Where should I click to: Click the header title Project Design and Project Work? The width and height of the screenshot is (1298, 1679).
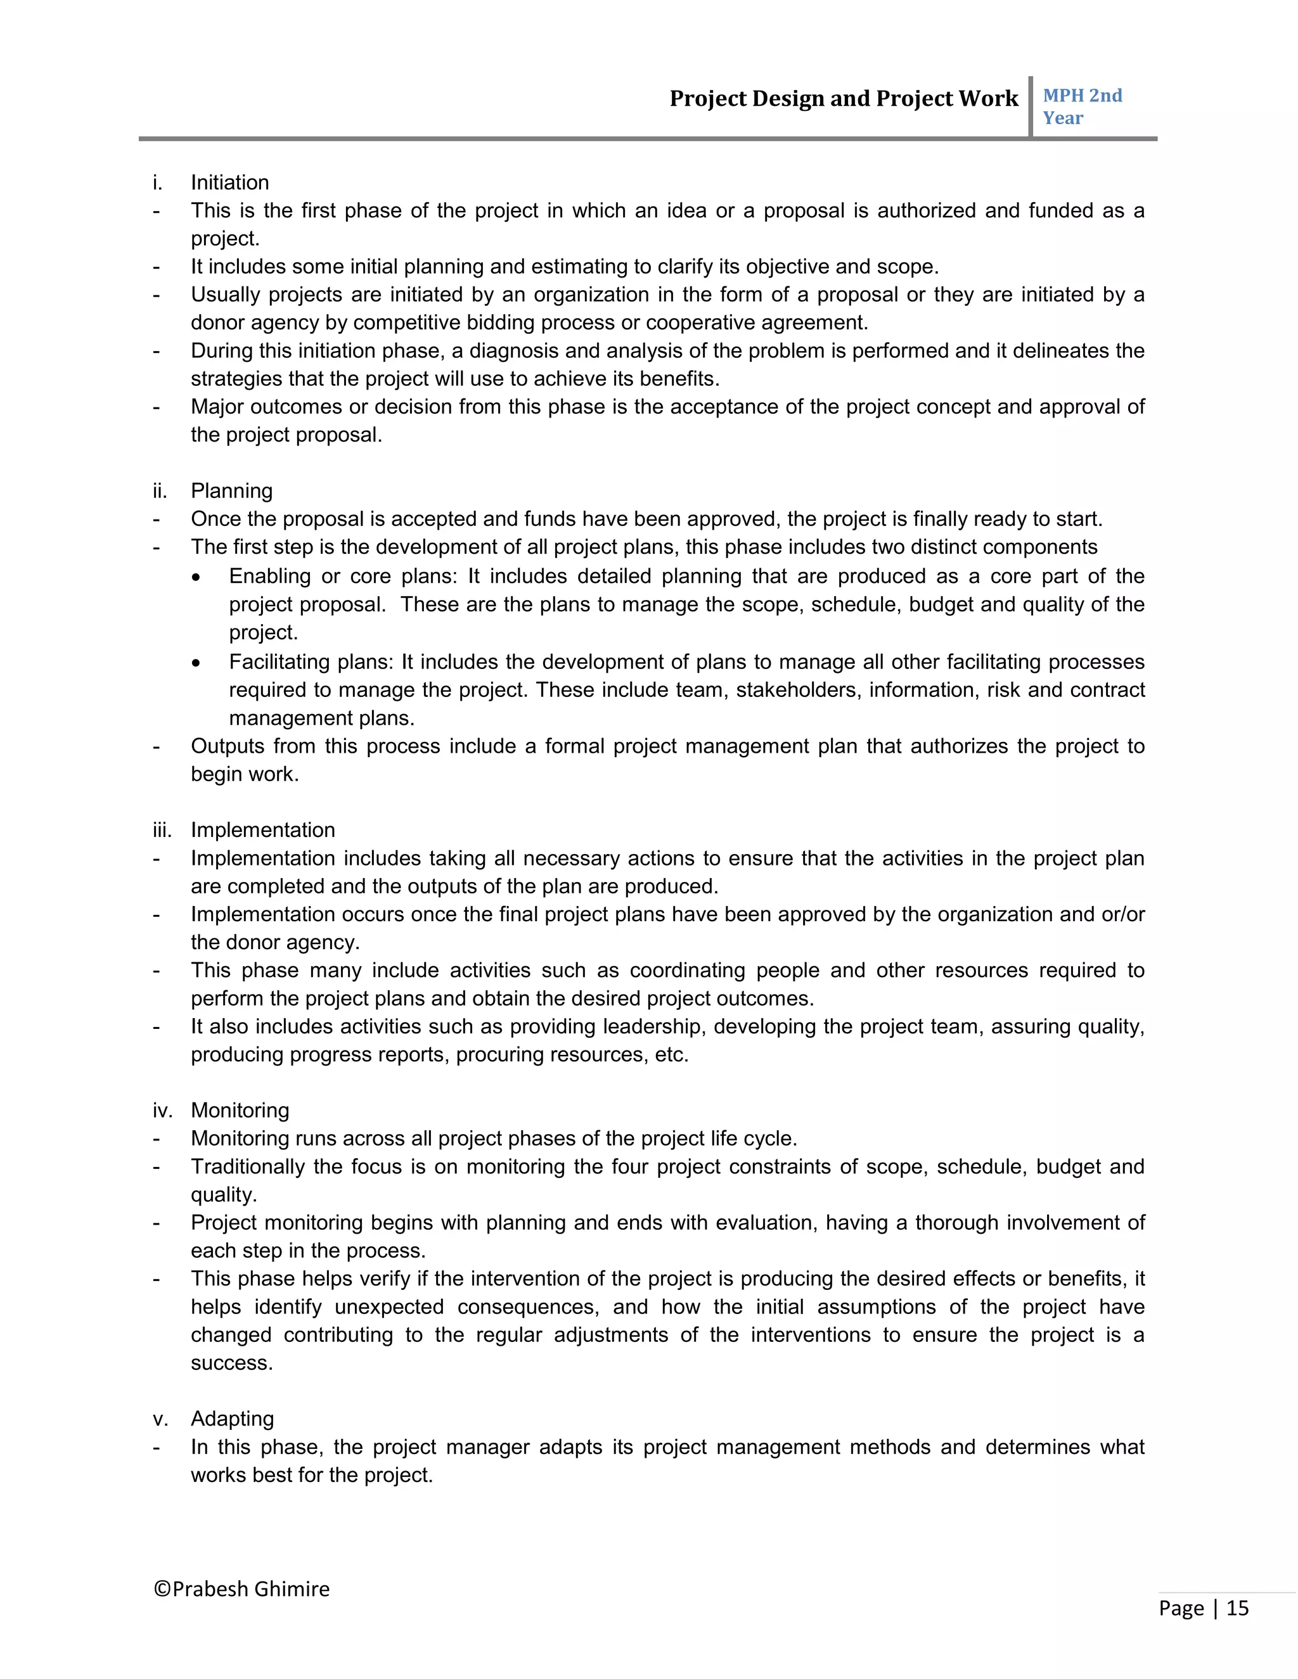coord(843,98)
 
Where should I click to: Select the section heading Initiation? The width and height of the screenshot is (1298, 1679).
coord(229,182)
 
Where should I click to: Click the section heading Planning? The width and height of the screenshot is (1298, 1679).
coord(231,490)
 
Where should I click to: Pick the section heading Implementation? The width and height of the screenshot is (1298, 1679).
coord(262,829)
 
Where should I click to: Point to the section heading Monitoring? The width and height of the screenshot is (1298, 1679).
coord(240,1110)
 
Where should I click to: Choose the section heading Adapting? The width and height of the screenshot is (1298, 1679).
coord(232,1419)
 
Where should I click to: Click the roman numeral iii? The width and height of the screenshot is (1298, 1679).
coord(162,829)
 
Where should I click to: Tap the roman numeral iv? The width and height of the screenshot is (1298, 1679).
coord(162,1110)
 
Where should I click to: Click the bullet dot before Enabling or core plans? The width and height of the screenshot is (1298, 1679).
coord(197,577)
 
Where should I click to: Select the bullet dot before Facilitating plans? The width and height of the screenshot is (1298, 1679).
coord(197,663)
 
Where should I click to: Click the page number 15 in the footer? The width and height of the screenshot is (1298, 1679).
coord(1237,1608)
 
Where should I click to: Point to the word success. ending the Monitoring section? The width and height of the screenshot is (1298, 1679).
coord(231,1363)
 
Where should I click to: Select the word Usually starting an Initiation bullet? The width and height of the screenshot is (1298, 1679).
coord(224,295)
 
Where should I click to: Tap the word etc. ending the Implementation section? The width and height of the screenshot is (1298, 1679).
coord(671,1054)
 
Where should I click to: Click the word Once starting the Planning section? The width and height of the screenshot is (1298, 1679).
coord(215,519)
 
